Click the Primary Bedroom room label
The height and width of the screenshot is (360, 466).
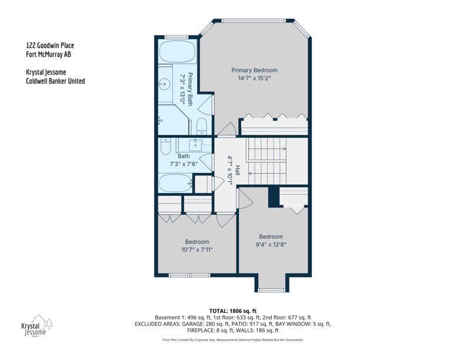[254, 71]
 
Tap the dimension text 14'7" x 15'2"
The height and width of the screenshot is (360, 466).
[254, 78]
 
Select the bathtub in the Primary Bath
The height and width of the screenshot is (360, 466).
[178, 51]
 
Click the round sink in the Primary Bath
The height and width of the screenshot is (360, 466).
[164, 84]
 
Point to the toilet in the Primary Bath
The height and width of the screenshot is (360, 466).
[202, 126]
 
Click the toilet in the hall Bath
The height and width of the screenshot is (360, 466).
[165, 146]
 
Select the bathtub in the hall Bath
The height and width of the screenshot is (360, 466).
[176, 184]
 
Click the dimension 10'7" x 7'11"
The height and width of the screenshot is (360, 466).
[197, 250]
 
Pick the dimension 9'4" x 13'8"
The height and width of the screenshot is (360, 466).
[271, 245]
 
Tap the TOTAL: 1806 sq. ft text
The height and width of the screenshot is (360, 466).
[233, 311]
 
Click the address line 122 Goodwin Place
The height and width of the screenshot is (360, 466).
[50, 45]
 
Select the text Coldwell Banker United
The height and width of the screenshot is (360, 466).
[55, 81]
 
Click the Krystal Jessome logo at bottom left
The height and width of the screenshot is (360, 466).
[36, 326]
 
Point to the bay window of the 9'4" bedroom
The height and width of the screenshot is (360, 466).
[271, 290]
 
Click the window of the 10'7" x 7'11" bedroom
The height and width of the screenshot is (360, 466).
[189, 275]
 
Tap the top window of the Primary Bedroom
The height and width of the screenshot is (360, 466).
[254, 21]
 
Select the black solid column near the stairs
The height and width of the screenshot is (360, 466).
[274, 196]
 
